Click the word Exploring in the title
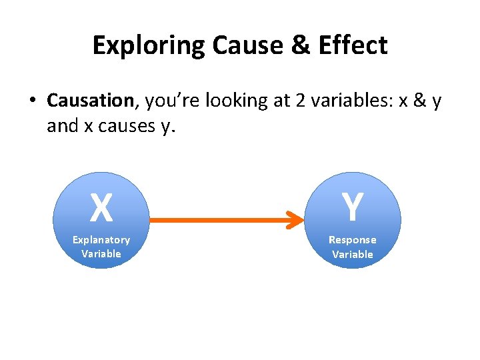(149, 45)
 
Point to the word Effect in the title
(355, 45)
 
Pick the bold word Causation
(90, 101)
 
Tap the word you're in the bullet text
(173, 101)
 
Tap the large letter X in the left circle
(101, 207)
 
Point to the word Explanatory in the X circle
(101, 239)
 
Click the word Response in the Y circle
(352, 239)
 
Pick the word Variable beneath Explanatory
(101, 253)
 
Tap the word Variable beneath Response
(352, 254)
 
